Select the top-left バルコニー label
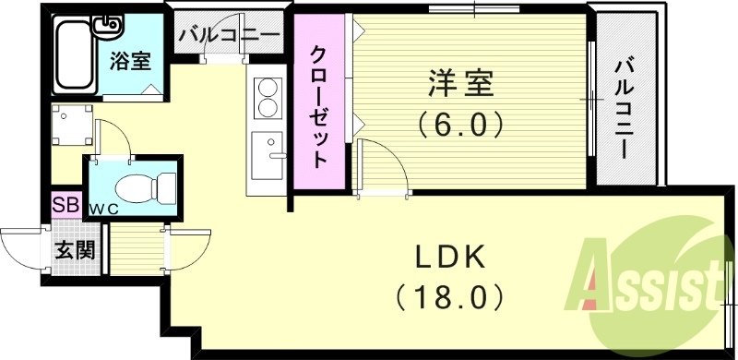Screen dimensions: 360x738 point(230,37)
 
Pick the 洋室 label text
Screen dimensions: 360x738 point(461,84)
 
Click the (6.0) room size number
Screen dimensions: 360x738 point(461,124)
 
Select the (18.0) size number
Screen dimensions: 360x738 point(449,297)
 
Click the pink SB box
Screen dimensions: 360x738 point(65,204)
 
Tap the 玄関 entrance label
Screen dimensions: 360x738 point(73,250)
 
